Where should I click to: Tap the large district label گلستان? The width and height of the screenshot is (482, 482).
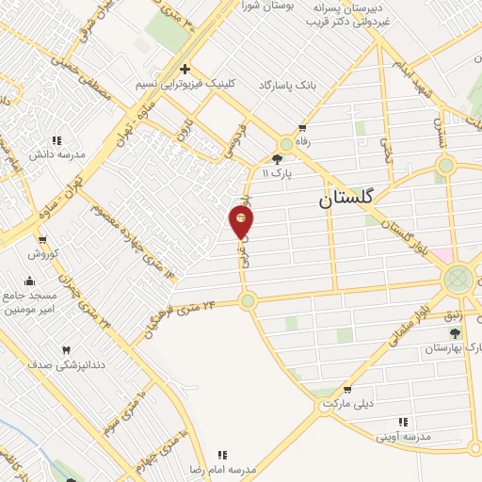[345, 199]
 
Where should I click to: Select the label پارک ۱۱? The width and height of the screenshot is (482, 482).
[278, 173]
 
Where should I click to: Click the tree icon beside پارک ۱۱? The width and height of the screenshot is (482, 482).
[277, 159]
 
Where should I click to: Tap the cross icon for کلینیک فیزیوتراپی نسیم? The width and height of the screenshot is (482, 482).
[185, 69]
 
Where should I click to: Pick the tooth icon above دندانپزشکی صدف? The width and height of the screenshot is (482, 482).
[66, 350]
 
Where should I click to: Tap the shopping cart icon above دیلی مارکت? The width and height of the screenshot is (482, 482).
[347, 389]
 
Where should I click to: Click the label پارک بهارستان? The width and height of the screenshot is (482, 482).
[455, 347]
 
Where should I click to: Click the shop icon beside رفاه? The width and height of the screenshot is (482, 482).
[302, 127]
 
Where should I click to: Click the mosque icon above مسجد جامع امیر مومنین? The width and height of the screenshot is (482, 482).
[29, 280]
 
